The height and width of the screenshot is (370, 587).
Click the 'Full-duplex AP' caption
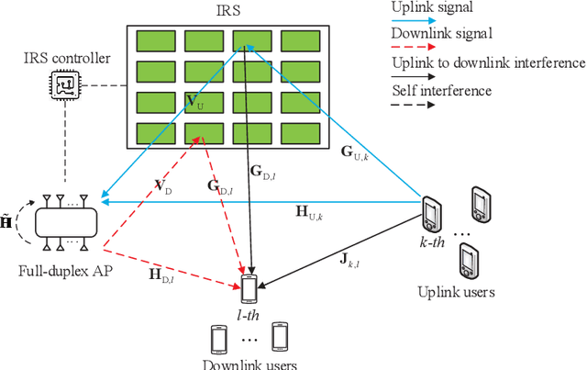click(61, 273)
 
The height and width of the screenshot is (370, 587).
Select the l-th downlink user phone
click(249, 288)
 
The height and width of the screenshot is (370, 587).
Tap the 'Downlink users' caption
click(249, 364)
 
